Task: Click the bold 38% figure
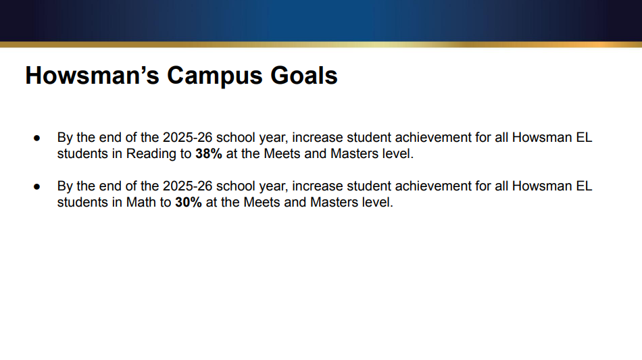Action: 209,153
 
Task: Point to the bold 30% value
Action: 189,203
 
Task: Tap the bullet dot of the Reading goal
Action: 38,138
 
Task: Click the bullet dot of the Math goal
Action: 38,186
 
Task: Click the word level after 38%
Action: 397,153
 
